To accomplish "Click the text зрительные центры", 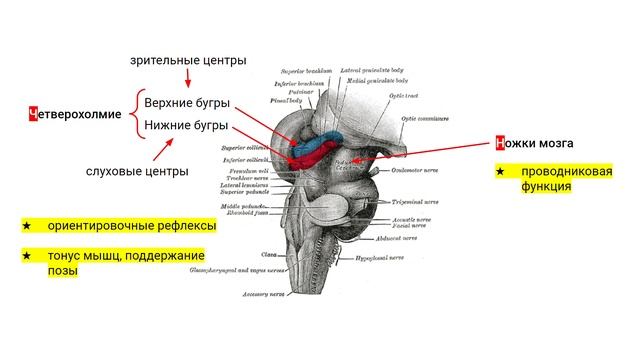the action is pos(188,61).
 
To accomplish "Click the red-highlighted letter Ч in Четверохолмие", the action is pos(34,114).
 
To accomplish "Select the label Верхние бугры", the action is pos(186,103).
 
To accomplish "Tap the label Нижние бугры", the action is pos(186,126).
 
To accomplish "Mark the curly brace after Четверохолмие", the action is pos(133,115).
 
